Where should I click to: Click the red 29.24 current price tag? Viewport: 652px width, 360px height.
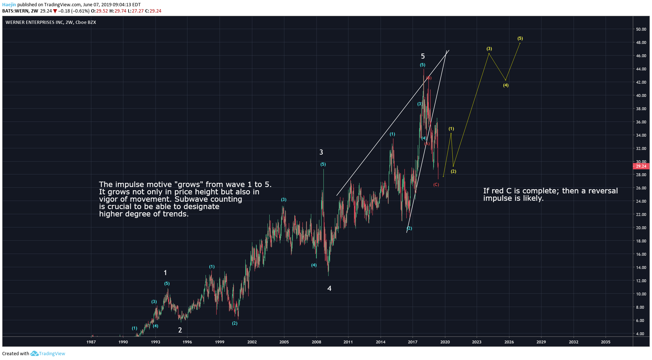coord(641,166)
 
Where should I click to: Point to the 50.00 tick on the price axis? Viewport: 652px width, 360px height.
coord(641,29)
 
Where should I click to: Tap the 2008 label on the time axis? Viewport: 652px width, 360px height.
coord(316,342)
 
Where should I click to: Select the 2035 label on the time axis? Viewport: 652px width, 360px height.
coord(606,342)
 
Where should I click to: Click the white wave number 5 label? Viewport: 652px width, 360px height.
coord(423,56)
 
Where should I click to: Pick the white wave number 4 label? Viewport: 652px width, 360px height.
coord(329,289)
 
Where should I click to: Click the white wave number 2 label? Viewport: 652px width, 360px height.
coord(180,330)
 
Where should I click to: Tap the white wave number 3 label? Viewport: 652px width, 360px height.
coord(321,152)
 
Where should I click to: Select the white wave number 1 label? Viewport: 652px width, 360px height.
coord(165,273)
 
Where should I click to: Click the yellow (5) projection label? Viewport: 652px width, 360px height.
coord(520,38)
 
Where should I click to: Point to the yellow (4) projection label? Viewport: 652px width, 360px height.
coord(506,85)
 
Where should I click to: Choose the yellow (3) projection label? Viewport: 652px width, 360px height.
coord(489,49)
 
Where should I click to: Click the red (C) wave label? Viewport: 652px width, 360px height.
coord(436,185)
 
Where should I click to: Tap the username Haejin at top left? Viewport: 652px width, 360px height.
coord(9,5)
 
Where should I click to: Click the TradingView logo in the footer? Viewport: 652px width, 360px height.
coord(48,354)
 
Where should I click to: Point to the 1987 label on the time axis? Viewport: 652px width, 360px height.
coord(91,342)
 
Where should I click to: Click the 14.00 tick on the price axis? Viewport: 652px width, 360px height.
coord(641,268)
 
